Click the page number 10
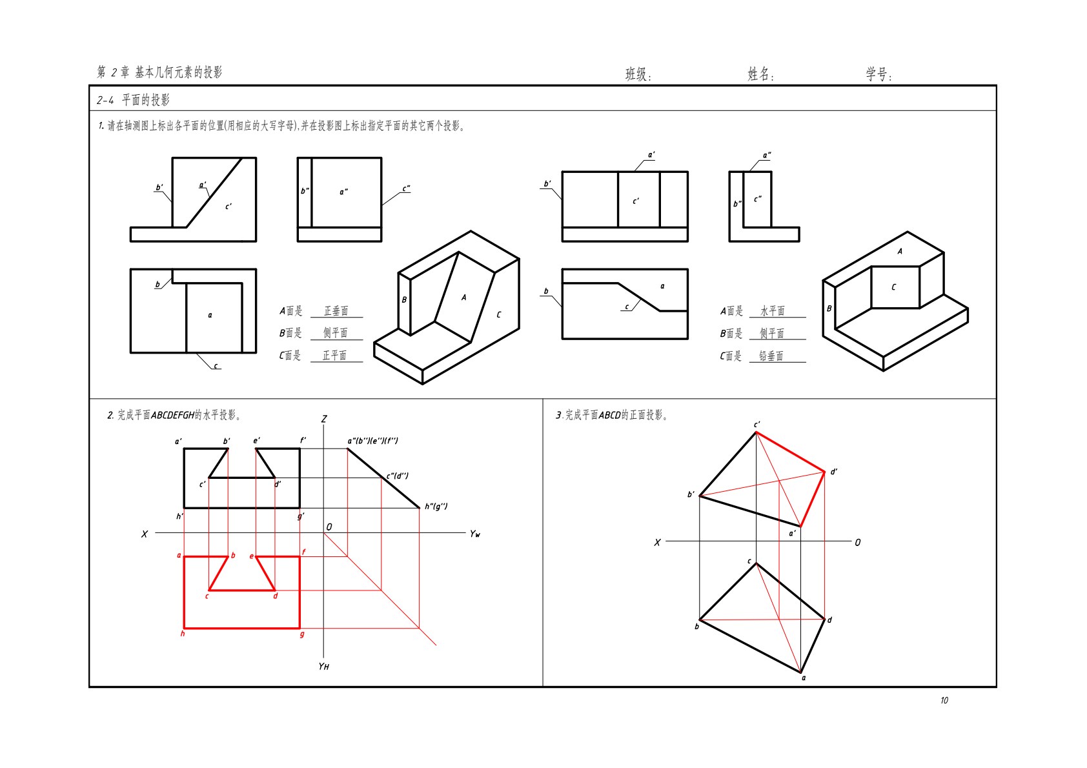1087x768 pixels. pos(944,700)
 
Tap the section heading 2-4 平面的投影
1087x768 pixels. pos(133,100)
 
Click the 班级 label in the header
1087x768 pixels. pos(638,74)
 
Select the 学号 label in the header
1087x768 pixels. pos(879,74)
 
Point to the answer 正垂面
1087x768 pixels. pos(336,310)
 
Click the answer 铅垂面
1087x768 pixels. pos(771,356)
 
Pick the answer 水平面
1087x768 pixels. pos(772,310)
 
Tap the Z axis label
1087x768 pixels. pos(324,419)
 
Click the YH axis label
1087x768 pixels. pos(323,666)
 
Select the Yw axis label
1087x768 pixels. pos(474,534)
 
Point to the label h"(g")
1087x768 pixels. pos(436,506)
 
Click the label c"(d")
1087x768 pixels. pos(397,476)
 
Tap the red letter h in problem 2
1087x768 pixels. pos(183,633)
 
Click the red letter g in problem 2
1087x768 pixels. pos(302,634)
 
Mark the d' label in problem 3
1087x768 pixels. pos(834,472)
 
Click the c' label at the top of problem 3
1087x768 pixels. pos(757,425)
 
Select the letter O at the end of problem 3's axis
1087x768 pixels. pos(857,542)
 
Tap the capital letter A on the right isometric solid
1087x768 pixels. pos(900,251)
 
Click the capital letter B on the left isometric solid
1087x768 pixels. pos(403,300)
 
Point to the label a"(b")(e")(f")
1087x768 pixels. pos(372,441)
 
